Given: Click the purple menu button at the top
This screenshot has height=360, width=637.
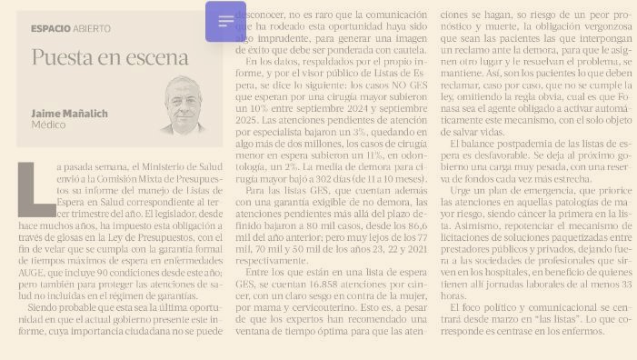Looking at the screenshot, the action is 225,22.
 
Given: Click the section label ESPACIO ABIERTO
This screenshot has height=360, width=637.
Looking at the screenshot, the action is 70,28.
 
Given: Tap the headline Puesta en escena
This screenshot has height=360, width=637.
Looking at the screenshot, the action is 110,58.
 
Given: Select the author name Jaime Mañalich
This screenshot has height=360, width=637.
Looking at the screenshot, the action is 69,114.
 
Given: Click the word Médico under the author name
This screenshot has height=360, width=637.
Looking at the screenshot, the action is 48,125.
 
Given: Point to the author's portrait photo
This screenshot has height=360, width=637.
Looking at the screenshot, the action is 188,105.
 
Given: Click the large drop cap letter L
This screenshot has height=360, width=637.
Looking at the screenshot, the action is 35,189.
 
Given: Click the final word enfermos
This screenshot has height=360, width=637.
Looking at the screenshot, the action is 583,331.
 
